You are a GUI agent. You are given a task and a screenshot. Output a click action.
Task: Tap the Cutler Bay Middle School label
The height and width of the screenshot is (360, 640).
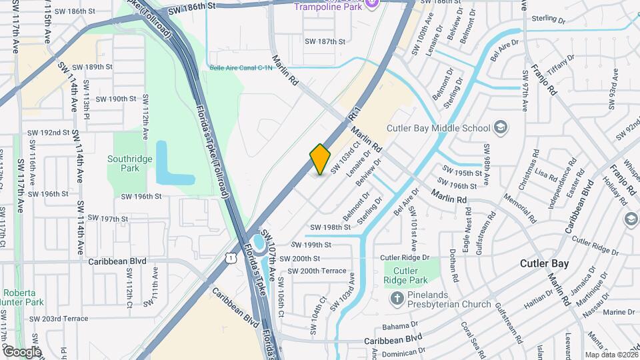click(x=437, y=127)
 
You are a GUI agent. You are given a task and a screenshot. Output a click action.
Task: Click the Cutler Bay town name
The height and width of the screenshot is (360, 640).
click(x=545, y=264)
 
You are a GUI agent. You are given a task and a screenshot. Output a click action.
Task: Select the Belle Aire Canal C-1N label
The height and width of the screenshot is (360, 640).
click(x=241, y=68)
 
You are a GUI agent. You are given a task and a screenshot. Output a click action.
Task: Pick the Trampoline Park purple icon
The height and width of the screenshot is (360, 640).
click(x=372, y=6)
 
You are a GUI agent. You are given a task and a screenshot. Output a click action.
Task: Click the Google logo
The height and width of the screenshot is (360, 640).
click(x=21, y=351)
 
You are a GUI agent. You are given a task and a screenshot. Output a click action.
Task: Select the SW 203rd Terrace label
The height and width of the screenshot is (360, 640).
click(x=59, y=319)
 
